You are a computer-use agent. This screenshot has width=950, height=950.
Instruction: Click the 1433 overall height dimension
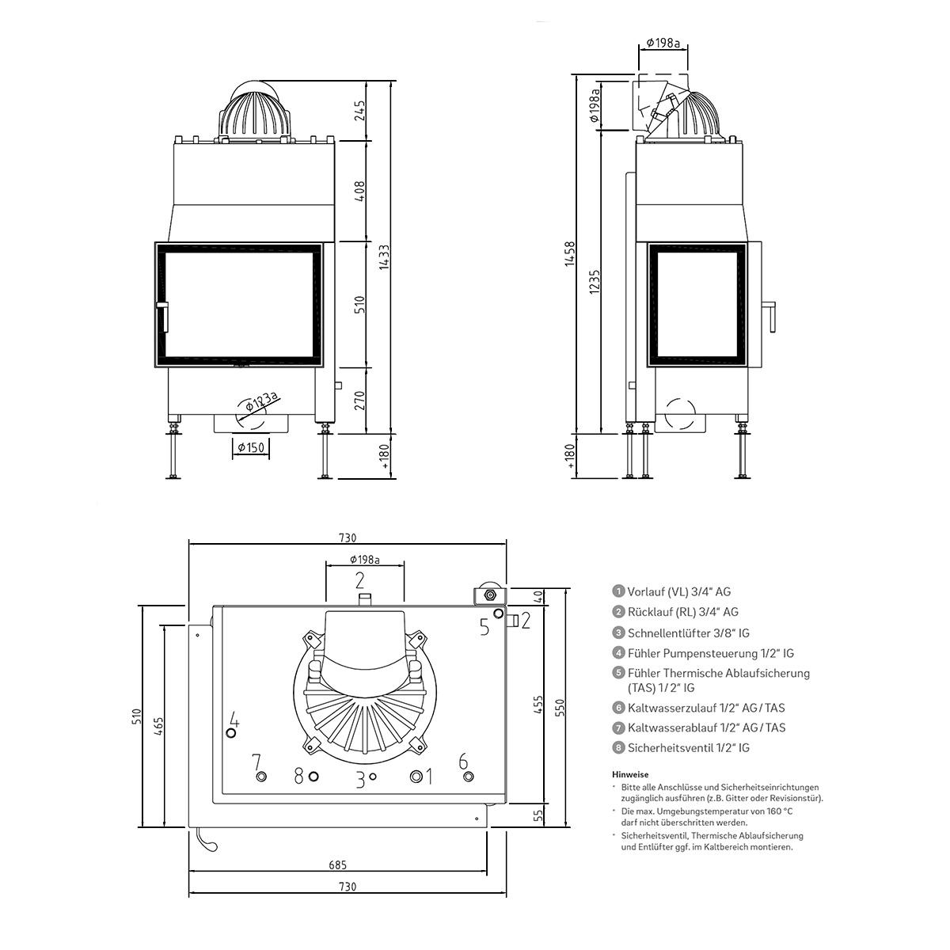384,256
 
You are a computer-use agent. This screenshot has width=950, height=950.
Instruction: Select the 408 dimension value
359,192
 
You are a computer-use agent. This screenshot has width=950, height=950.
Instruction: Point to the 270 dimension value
359,401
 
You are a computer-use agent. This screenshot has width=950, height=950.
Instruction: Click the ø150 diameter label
251,447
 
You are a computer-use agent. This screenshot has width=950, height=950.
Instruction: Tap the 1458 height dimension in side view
570,254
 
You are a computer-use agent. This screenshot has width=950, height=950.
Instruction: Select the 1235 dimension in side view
595,282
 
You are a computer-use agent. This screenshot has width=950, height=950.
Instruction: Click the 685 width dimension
338,864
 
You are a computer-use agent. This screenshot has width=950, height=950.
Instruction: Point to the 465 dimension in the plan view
158,726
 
